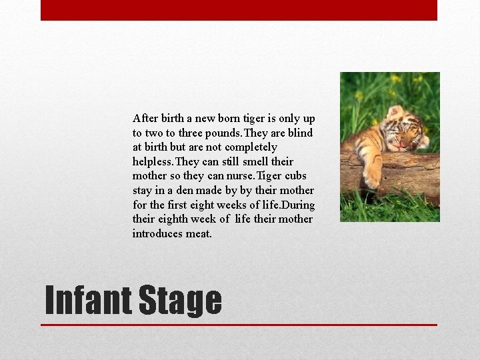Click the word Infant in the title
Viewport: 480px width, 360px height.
87,300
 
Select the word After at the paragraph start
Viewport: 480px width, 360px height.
145,119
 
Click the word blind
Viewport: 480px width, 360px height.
300,133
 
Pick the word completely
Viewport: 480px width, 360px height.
251,147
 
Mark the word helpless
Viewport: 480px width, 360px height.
151,162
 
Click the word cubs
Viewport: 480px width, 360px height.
296,176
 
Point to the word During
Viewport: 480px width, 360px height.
297,205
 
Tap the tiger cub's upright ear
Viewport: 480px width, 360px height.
395,111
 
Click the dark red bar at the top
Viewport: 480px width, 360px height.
239,10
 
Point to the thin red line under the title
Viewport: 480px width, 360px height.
239,325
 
